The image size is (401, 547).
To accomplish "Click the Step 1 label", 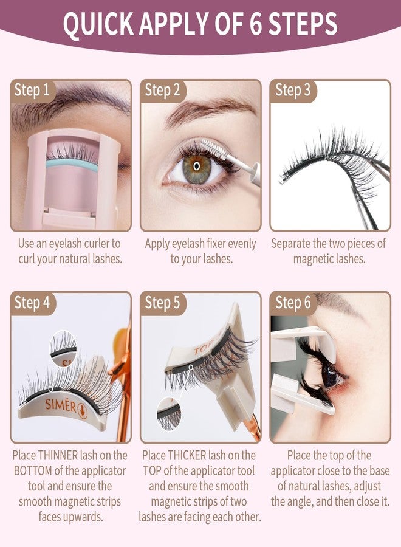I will pos(32,91).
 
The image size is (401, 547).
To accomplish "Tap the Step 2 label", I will pos(163,91).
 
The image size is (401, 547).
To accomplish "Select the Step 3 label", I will pos(293,91).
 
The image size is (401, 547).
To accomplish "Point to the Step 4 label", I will pos(32,302).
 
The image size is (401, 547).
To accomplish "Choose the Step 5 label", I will pos(163,302).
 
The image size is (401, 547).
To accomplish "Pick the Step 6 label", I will pos(293,302).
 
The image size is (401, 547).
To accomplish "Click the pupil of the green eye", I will pos(196,165).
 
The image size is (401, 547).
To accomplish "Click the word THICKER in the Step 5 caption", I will pos(198,455).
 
